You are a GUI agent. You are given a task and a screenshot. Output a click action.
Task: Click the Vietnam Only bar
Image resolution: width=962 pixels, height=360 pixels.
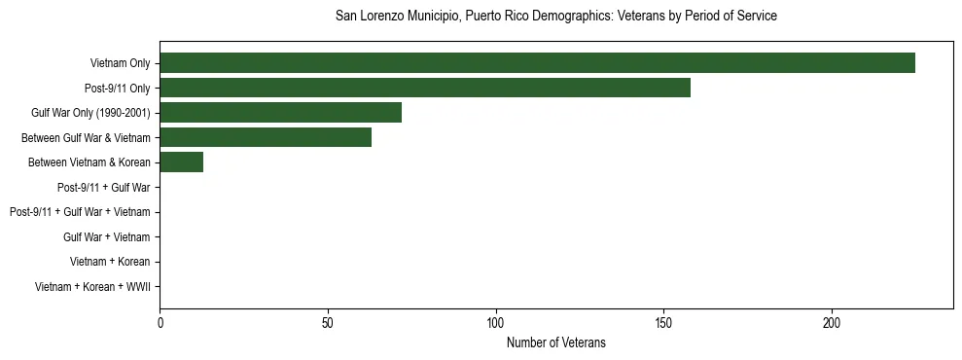[537, 63]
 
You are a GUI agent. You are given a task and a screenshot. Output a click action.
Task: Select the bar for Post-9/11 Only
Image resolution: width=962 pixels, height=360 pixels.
[425, 88]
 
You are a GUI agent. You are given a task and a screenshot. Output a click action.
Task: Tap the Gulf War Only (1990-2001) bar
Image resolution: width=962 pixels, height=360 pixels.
[280, 113]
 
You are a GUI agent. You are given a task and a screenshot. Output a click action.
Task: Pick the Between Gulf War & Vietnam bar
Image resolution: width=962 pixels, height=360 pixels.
[266, 137]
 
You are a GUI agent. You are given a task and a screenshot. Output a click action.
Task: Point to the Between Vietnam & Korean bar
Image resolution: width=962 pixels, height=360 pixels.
[181, 162]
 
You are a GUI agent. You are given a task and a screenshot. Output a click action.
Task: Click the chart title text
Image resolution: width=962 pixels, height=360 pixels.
[555, 17]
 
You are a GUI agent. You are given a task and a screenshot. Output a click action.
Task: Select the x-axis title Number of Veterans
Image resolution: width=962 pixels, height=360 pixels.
[555, 342]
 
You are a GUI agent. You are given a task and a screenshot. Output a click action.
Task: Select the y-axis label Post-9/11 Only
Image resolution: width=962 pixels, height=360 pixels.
[117, 89]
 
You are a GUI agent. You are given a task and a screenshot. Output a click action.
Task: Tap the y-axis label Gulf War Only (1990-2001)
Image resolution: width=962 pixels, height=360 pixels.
[90, 113]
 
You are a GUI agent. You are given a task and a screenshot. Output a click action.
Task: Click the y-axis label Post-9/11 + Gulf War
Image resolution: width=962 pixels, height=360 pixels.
[103, 187]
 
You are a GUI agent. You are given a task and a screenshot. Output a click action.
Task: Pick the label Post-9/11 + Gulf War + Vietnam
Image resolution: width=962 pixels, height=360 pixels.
[80, 212]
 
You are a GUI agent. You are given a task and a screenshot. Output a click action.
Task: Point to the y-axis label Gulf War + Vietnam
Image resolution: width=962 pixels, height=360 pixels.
[106, 236]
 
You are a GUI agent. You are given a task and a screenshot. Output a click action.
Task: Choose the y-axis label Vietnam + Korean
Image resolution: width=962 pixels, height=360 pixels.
[110, 262]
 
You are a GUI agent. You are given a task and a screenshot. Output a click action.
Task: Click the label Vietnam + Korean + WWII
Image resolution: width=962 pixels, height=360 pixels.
[92, 286]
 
